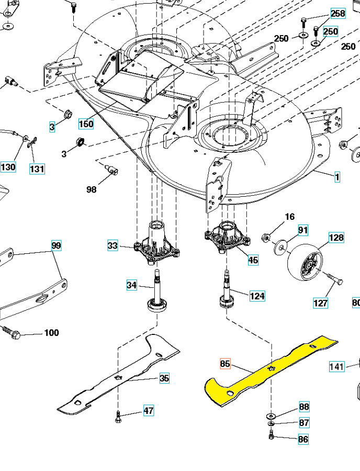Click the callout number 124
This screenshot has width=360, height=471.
tap(257, 296)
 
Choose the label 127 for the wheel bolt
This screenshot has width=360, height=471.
tap(320, 302)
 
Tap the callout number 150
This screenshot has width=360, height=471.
tap(86, 124)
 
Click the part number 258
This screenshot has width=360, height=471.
tap(338, 14)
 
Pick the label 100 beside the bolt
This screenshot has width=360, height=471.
tap(51, 333)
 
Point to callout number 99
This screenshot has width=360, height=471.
tap(57, 245)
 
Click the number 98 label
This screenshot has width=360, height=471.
tap(92, 189)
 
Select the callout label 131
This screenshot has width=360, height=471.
tap(37, 169)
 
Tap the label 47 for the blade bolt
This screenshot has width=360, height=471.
tap(149, 410)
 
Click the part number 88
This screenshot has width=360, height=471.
tap(304, 407)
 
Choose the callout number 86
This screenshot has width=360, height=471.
tap(303, 440)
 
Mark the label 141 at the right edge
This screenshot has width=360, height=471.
tap(337, 366)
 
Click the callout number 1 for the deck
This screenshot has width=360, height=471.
tap(337, 177)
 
